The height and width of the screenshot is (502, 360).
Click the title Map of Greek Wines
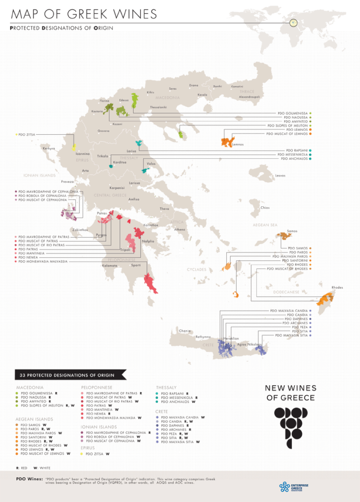[x=83, y=13]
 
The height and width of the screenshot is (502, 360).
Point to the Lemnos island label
[x=238, y=145]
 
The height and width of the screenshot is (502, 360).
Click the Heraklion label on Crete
[x=231, y=339]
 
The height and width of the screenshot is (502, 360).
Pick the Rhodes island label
[x=337, y=287]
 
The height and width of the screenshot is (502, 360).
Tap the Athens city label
[x=180, y=229]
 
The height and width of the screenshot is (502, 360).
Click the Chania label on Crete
[x=185, y=330]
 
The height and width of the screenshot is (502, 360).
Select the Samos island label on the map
[x=292, y=231]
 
